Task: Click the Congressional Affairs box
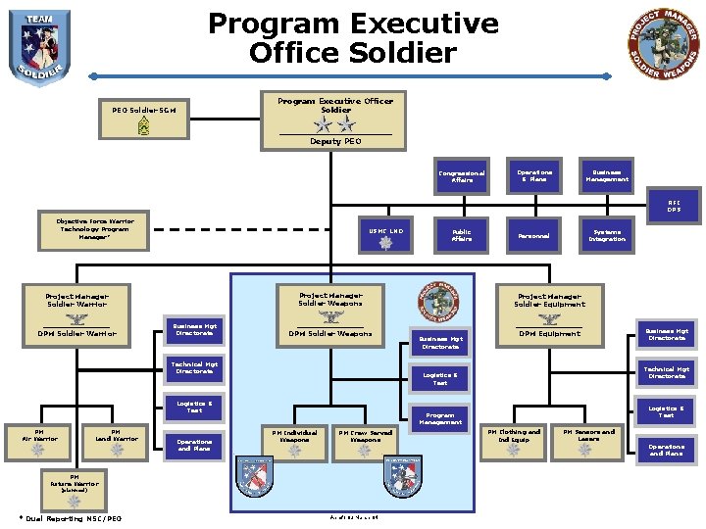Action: [462, 176]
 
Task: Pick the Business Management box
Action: [607, 176]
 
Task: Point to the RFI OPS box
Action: [674, 206]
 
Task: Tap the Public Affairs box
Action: [462, 235]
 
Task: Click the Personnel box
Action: [534, 236]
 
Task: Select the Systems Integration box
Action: [607, 235]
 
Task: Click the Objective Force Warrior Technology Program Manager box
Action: [95, 229]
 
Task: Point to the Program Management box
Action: [440, 418]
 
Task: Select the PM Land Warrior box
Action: [116, 442]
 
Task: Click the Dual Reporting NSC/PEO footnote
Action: [70, 518]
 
